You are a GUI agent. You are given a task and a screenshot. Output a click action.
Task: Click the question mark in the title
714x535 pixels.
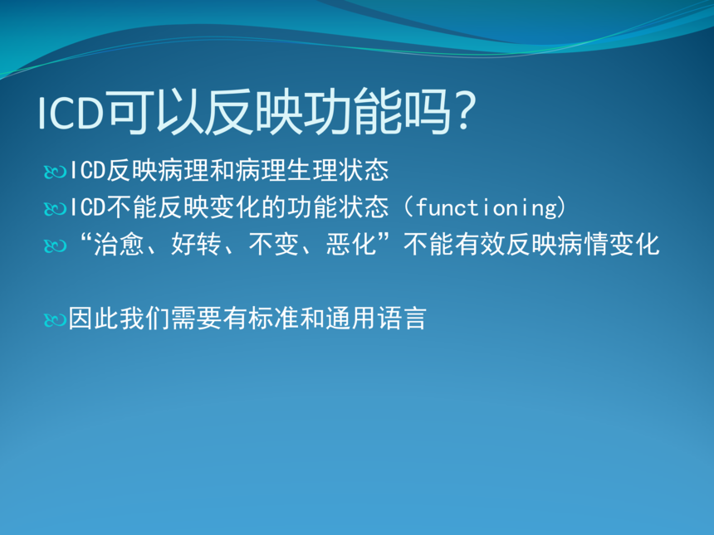[x=464, y=111]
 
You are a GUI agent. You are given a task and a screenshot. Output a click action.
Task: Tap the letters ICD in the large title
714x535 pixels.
[x=71, y=113]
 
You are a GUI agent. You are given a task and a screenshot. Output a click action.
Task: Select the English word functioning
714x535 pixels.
[x=486, y=207]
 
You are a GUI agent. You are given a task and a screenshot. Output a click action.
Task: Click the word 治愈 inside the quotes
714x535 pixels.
[x=119, y=245]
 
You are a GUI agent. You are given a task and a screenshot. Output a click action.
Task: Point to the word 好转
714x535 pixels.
[x=196, y=245]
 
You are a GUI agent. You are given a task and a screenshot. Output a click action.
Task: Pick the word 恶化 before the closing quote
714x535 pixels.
[x=350, y=245]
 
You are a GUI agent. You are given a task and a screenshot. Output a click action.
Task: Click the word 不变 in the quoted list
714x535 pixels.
[x=273, y=245]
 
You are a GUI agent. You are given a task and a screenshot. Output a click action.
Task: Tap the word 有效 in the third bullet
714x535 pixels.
[x=480, y=245]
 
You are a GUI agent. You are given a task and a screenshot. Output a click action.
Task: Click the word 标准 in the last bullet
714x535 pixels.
[x=274, y=318]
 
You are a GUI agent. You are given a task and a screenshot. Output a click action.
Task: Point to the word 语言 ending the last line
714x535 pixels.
[x=402, y=318]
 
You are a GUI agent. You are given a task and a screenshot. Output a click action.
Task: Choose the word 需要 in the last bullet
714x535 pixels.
[x=197, y=318]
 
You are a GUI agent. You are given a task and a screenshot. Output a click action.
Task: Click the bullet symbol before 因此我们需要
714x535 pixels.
[x=56, y=320]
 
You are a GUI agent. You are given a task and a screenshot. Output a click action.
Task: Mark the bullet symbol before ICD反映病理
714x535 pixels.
[x=56, y=173]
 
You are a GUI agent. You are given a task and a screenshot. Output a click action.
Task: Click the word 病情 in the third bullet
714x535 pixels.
[x=582, y=245]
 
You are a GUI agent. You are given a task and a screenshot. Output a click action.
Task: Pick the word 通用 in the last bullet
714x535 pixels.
[x=350, y=318]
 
